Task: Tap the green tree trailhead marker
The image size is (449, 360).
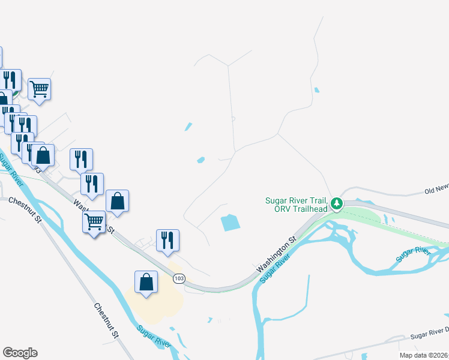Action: click(337, 205)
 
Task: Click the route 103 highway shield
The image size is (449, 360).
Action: click(179, 278)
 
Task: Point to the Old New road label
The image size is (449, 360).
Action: click(436, 190)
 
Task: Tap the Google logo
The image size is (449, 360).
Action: click(20, 353)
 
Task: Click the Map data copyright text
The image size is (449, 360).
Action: click(424, 355)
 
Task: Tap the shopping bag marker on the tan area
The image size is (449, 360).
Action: click(146, 282)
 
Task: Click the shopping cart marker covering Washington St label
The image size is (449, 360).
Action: click(94, 222)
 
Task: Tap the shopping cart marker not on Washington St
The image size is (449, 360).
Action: click(39, 89)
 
